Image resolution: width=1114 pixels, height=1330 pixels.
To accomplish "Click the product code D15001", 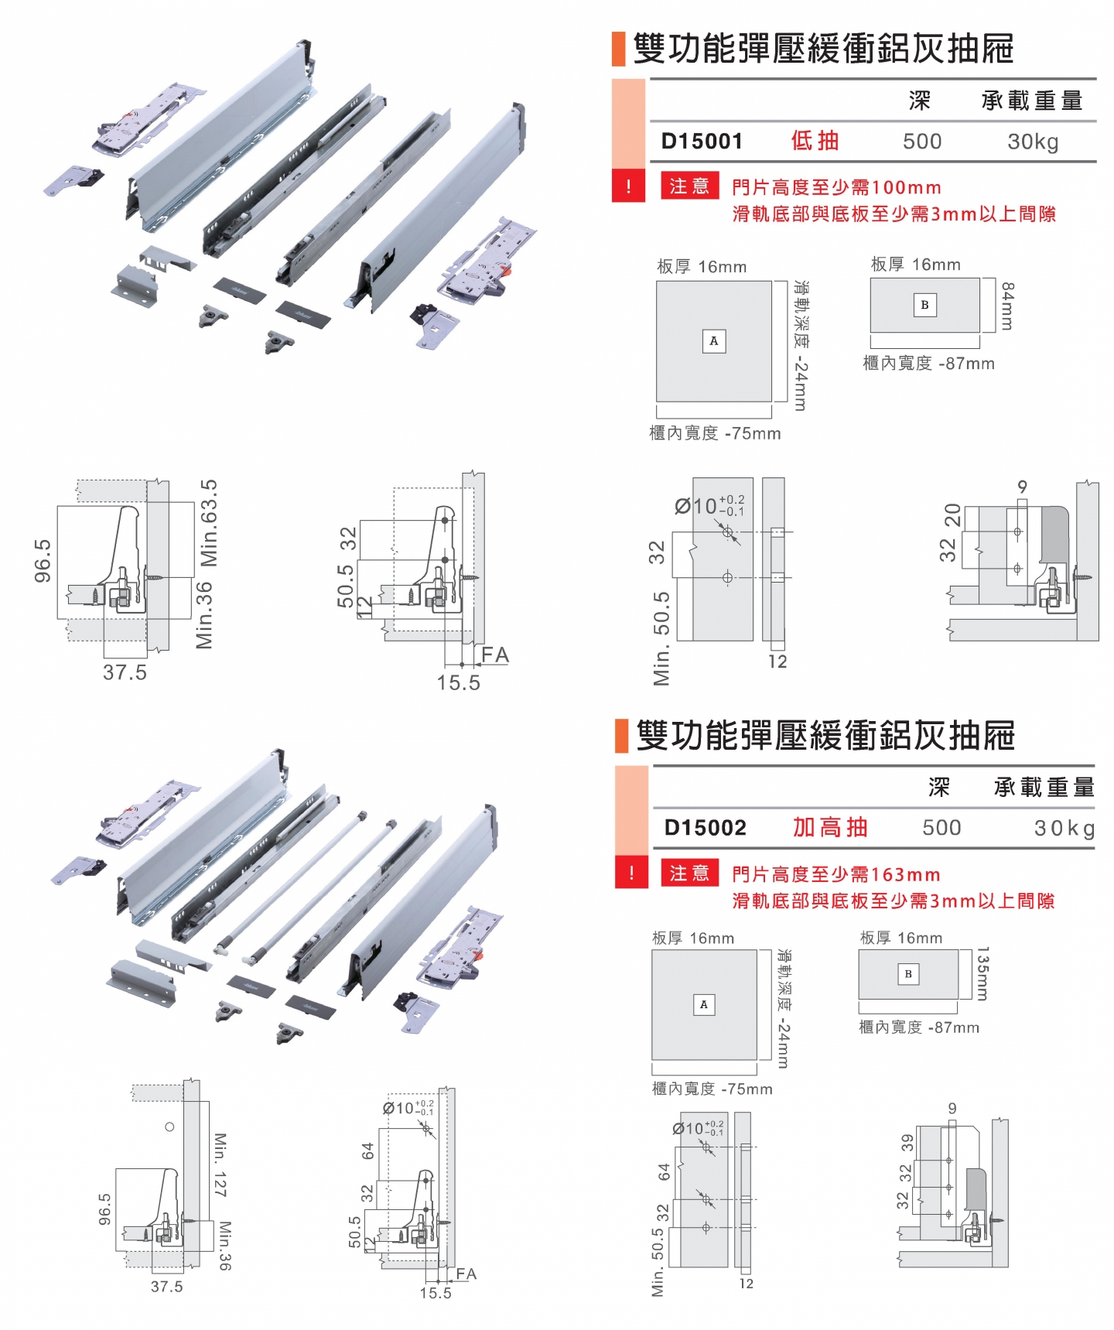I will click(702, 142).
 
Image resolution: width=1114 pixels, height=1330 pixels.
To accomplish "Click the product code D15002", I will click(705, 828).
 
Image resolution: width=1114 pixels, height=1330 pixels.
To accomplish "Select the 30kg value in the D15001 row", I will click(1032, 142).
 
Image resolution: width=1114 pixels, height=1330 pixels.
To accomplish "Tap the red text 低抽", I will click(815, 141).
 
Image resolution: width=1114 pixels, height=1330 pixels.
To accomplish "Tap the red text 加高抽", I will click(830, 827).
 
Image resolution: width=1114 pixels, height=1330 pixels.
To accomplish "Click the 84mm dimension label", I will click(1006, 306).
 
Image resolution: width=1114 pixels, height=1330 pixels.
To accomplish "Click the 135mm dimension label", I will click(982, 973).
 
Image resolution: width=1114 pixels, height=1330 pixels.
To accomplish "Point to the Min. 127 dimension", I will click(220, 1164).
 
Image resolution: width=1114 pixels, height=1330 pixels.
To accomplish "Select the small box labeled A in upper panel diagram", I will click(713, 341).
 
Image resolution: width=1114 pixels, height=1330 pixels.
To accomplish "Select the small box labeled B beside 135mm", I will click(908, 974).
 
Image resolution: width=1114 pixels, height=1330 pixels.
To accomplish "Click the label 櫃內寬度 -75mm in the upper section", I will click(715, 433).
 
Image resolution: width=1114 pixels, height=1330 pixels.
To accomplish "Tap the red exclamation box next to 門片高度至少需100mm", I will click(628, 186).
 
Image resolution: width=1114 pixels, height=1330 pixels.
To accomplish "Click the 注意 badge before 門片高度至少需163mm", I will click(689, 874).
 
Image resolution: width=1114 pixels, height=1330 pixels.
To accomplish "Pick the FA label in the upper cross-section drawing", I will click(494, 655).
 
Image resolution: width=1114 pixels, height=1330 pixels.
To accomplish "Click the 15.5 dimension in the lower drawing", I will click(436, 1293).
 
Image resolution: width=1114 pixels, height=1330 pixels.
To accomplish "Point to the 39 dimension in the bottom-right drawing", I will click(907, 1143).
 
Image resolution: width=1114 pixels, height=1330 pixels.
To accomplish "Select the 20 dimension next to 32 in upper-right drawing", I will click(952, 515).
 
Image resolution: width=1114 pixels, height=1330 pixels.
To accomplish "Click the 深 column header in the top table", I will click(919, 101).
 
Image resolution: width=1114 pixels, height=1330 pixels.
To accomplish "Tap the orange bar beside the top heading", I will click(618, 49).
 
